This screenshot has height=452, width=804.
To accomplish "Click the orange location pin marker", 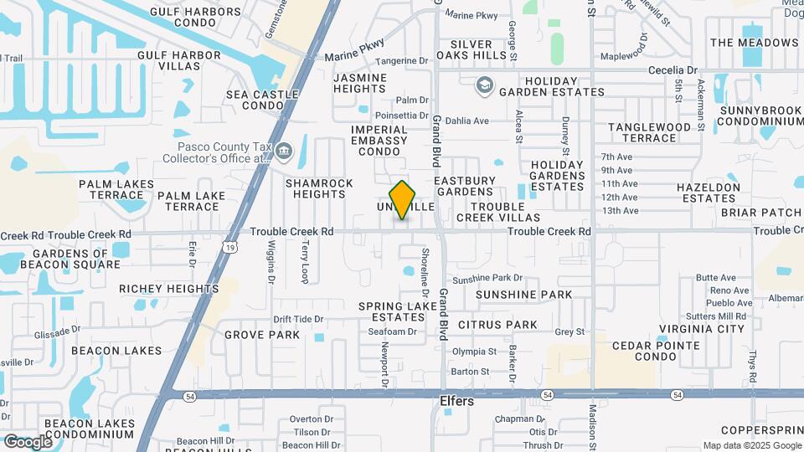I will click(403, 200).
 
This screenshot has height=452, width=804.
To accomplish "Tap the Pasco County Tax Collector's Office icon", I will click(284, 152).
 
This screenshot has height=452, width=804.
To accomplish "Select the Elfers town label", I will click(457, 402).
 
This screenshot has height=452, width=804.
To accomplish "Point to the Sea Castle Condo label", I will click(262, 100).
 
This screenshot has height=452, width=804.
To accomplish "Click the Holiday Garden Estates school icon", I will click(483, 85).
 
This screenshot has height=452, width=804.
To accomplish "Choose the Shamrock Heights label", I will click(315, 188).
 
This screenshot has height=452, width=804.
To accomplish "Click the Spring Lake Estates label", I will click(398, 312).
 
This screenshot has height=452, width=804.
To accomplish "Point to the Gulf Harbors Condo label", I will click(194, 18).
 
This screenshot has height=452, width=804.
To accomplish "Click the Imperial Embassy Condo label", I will click(379, 141).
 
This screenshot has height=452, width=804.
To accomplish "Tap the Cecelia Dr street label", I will click(673, 70).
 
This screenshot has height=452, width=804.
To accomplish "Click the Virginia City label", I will click(701, 329).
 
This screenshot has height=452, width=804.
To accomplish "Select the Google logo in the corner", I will click(28, 441).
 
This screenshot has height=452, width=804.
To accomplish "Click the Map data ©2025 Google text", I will click(751, 445).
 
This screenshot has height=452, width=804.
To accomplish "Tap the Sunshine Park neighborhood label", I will click(523, 295).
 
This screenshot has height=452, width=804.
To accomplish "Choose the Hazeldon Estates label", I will click(709, 193).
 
